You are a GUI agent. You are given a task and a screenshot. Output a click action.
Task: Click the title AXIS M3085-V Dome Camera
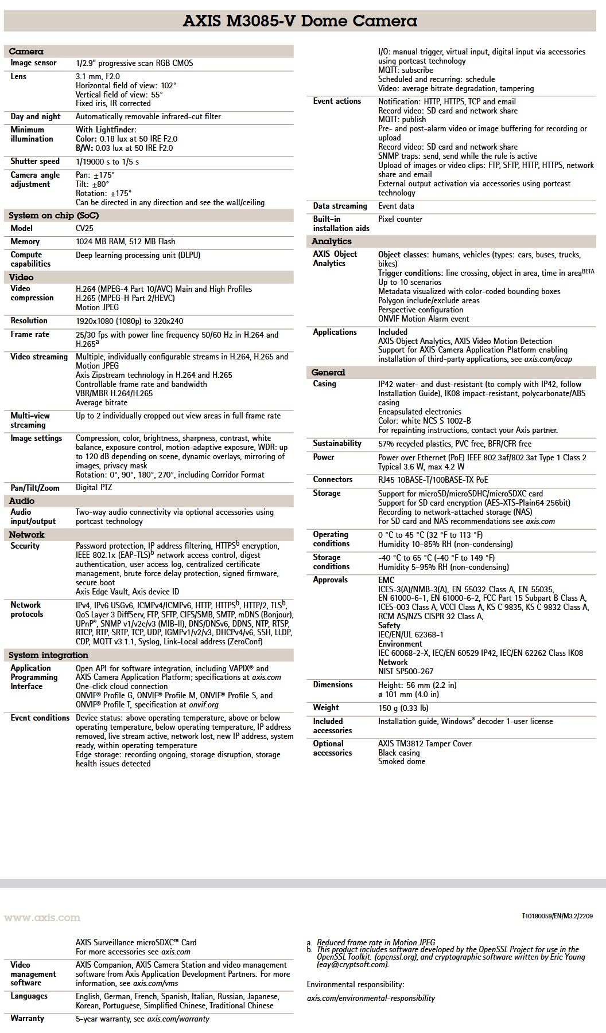[300, 21]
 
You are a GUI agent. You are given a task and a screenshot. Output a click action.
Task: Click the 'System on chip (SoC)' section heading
[53, 216]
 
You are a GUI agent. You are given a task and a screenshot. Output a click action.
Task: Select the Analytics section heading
[331, 241]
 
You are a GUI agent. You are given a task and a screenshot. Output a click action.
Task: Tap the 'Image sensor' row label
[33, 63]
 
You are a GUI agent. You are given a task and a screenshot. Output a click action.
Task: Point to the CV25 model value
[84, 228]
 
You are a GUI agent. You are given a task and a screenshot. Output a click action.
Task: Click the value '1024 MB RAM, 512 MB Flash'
[125, 241]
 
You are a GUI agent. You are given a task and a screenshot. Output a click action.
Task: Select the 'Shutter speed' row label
[35, 162]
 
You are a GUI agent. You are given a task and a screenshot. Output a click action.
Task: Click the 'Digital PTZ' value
[94, 488]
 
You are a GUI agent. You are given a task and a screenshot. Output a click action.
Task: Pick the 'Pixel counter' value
[400, 219]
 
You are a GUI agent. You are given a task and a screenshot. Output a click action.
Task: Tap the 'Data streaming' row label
[340, 206]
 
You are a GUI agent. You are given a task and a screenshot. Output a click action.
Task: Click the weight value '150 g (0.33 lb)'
[403, 708]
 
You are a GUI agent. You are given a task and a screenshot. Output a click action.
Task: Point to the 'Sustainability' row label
[337, 443]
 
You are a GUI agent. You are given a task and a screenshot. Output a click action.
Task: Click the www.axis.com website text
[42, 918]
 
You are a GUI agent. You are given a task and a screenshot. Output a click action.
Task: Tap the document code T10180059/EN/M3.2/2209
[557, 917]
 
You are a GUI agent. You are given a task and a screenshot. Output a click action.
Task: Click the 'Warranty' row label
[27, 1018]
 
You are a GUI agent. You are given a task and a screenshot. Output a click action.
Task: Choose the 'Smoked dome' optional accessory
[401, 762]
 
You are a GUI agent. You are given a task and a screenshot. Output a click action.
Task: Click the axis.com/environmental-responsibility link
[371, 998]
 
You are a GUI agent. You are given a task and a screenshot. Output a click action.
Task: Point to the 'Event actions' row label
[337, 101]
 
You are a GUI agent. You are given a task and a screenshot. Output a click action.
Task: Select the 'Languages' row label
[29, 996]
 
